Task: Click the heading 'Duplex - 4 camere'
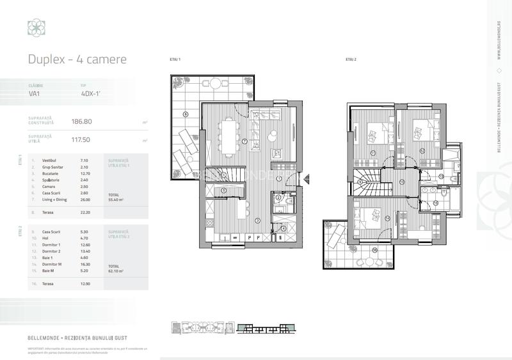tap(77, 59)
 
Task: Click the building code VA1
tap(35, 93)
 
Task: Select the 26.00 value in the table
tap(84, 200)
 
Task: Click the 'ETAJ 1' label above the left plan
tap(175, 59)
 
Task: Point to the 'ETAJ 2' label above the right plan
tap(350, 59)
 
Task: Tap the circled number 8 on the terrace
tap(185, 114)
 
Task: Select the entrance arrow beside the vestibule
tap(308, 179)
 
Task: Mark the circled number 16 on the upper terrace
tap(374, 250)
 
